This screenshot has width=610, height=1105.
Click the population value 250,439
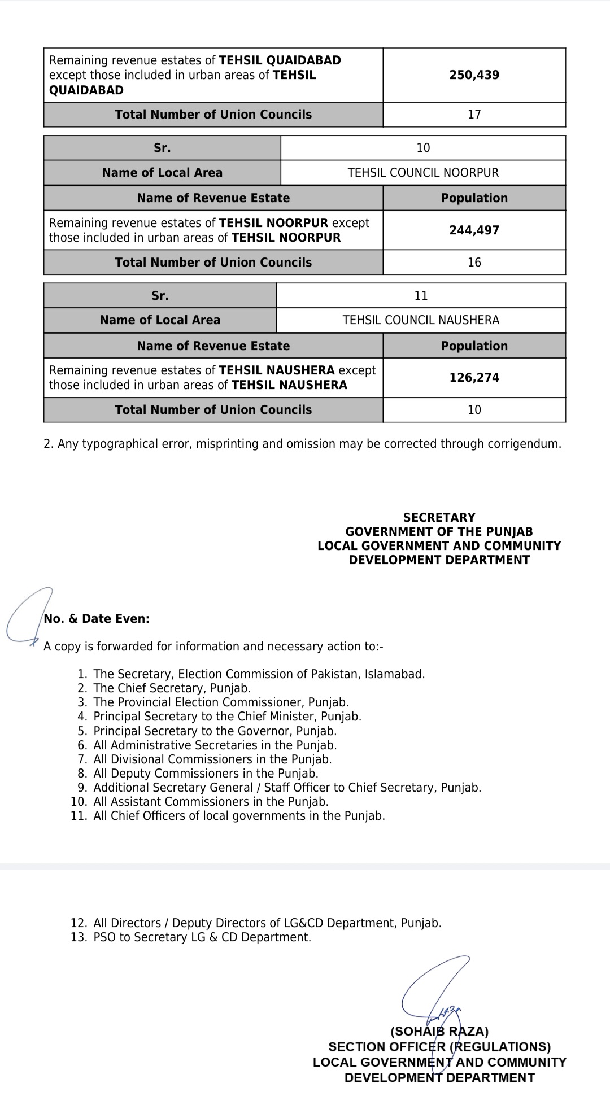474,75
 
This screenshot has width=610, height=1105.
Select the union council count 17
474,115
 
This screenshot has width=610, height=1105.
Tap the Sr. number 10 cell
423,148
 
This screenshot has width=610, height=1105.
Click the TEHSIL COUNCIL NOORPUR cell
423,173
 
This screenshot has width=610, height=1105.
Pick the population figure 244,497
474,230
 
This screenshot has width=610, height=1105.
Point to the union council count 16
474,263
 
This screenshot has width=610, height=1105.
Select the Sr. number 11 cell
421,296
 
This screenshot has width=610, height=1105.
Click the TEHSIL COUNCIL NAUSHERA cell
421,320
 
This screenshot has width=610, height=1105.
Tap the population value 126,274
474,378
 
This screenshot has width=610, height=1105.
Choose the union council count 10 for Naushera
474,410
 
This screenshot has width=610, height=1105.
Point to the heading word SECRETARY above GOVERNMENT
439,517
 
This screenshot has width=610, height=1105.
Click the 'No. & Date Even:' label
97,619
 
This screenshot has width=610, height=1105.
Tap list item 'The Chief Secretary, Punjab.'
172,688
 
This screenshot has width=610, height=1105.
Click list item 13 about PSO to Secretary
202,937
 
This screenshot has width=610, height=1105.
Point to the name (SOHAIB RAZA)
439,1032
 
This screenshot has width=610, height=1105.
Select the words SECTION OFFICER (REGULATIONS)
439,1047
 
